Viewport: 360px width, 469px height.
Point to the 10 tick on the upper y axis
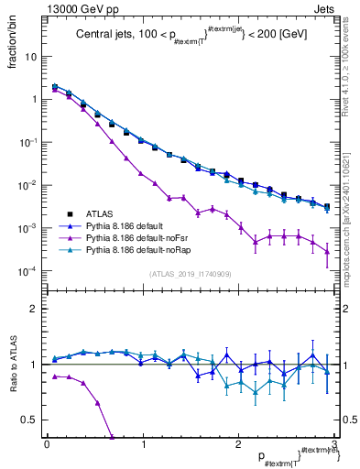[x=30, y=56]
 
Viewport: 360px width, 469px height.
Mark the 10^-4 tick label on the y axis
[x=27, y=271]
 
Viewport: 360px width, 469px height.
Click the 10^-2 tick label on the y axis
[x=27, y=185]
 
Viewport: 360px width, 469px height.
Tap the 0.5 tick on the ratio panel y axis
[x=29, y=420]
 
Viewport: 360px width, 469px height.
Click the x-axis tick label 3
[x=335, y=444]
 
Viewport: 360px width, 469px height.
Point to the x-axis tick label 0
[x=47, y=444]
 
